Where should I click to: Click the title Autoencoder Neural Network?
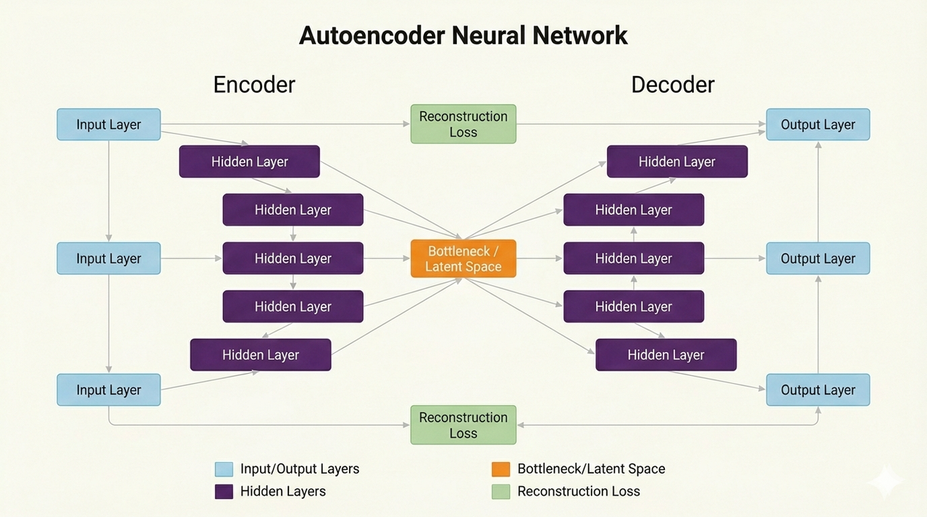(x=463, y=35)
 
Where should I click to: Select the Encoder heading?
(x=253, y=85)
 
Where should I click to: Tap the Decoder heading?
(x=672, y=85)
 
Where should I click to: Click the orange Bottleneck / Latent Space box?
(x=463, y=258)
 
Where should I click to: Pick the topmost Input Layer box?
(x=109, y=125)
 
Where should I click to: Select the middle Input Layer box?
(x=109, y=258)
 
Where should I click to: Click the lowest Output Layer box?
(x=818, y=390)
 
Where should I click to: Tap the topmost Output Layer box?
(x=818, y=125)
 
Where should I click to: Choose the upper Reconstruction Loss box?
(x=463, y=125)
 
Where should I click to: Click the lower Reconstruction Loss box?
(x=463, y=425)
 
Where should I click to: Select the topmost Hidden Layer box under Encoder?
(x=249, y=161)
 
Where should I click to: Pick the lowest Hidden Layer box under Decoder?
(x=666, y=355)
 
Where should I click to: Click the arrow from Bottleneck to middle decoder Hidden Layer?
(x=540, y=258)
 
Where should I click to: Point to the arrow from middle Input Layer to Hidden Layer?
(x=191, y=258)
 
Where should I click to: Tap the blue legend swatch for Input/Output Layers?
(x=224, y=469)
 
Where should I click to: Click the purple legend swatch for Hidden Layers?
(x=224, y=492)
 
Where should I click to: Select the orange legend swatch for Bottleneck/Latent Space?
(x=500, y=469)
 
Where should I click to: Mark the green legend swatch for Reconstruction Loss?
(x=500, y=492)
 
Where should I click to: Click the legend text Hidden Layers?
(x=283, y=492)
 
